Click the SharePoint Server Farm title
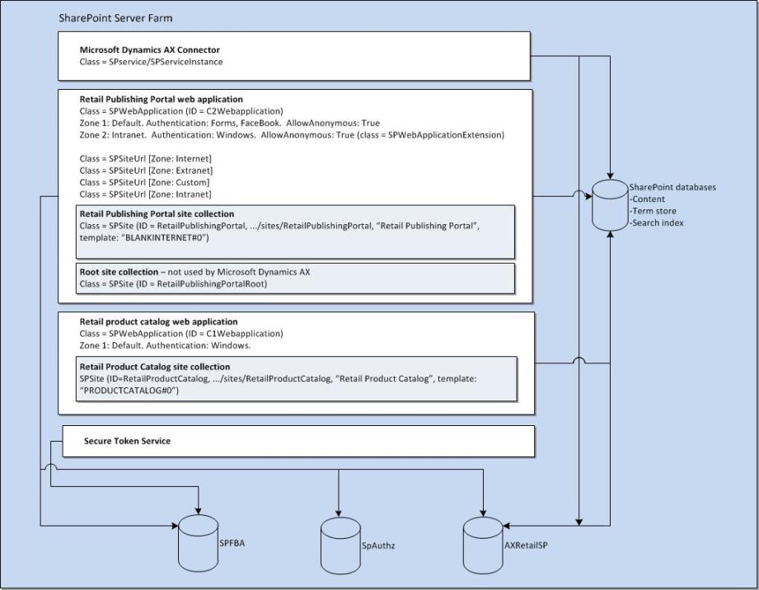[115, 17]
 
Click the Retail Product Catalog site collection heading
[154, 367]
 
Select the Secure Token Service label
[127, 441]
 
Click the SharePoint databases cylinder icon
[611, 204]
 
